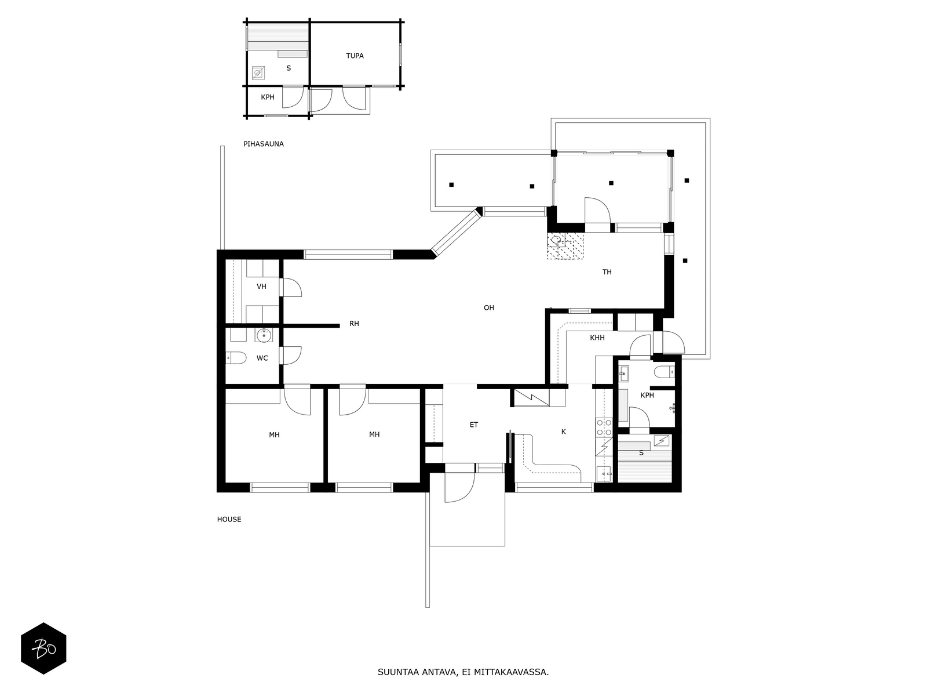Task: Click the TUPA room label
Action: point(355,56)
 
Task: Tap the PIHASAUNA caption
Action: point(264,144)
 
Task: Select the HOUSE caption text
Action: point(229,519)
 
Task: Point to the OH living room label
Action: point(488,307)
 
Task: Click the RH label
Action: point(354,324)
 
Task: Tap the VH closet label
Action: point(261,287)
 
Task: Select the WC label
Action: point(262,358)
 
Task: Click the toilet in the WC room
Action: point(236,357)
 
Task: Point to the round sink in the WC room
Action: point(264,335)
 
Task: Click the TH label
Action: point(607,272)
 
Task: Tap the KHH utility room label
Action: point(597,338)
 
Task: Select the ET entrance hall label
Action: point(474,425)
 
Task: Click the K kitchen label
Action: point(563,432)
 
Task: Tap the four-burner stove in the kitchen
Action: point(604,427)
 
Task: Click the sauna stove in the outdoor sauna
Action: point(258,73)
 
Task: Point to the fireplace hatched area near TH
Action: point(565,246)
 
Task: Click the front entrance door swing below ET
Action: point(461,487)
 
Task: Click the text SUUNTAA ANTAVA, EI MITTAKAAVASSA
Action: point(463,672)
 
